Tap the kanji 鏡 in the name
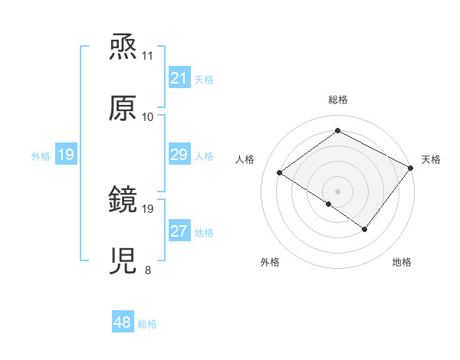coord(123,200)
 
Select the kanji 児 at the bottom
coord(123,261)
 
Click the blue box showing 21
coord(179,77)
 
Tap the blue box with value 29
coord(179,155)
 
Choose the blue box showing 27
coord(179,231)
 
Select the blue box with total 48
coord(123,322)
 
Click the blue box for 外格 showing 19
coord(65,155)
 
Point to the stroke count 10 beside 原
coord(148,117)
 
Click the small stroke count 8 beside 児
coord(148,270)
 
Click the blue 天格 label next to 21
coord(204,79)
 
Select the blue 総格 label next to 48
coord(147,324)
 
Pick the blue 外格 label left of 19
coord(41,156)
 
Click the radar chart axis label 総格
coord(337,100)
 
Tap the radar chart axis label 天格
coord(431,159)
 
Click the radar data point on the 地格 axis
coord(365,229)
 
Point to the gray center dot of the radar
coord(337,191)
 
